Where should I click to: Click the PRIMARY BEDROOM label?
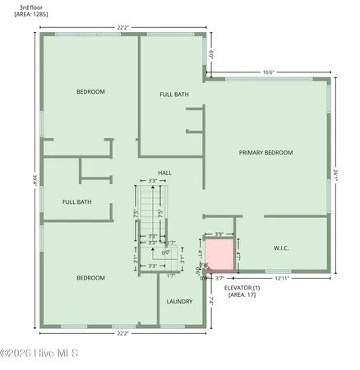[265, 153]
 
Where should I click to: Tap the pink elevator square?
[219, 252]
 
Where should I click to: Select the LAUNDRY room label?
[178, 302]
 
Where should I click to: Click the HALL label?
[164, 173]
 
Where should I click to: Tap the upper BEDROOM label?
[90, 91]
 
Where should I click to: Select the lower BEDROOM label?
[90, 278]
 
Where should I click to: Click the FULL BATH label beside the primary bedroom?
[173, 95]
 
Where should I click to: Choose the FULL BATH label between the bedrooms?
[76, 201]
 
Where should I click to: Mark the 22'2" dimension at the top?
[123, 27]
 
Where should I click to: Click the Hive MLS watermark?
[39, 354]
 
